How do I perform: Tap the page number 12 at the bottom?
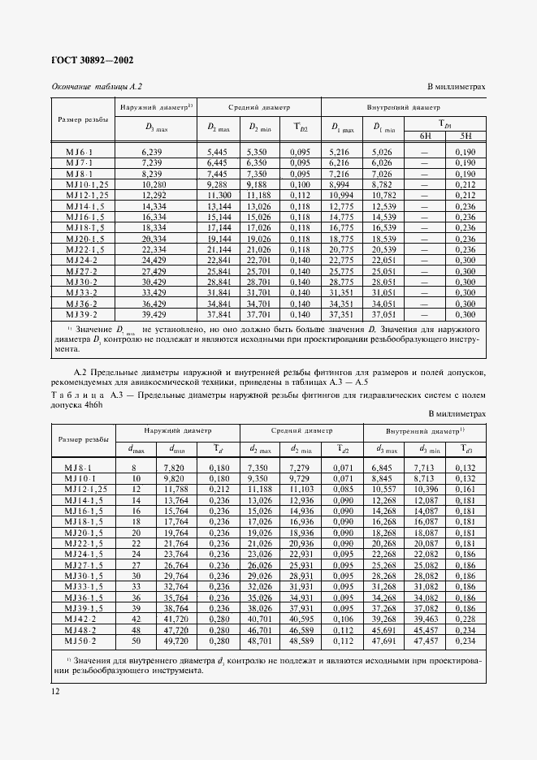(54, 691)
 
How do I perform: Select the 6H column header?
(426, 136)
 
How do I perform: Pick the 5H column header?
(465, 136)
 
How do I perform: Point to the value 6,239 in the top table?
(153, 152)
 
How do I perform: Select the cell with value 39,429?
(153, 313)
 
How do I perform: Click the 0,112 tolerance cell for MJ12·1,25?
(301, 195)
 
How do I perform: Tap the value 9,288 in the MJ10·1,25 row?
(219, 184)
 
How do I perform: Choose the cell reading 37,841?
(219, 313)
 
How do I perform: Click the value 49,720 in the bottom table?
(175, 640)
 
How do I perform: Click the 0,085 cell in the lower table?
(342, 490)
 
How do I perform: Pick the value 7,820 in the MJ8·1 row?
(175, 469)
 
